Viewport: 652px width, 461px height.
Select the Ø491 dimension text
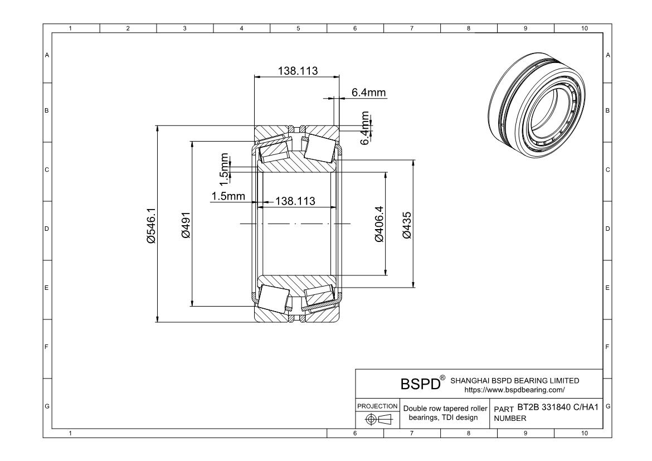[x=186, y=225]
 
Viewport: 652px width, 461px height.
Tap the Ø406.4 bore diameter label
[x=379, y=224]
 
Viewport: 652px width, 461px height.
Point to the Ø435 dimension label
[x=407, y=225]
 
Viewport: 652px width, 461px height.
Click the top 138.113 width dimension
[x=297, y=71]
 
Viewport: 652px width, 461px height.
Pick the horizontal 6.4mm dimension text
[x=368, y=93]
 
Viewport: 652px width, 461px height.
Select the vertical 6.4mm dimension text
[x=365, y=128]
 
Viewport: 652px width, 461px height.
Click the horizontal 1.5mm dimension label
[x=228, y=196]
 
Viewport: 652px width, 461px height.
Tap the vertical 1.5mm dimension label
[x=225, y=169]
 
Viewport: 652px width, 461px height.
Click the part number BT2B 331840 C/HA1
[x=557, y=407]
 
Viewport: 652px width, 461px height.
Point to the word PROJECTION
[x=377, y=406]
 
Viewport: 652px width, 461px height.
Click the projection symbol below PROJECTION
[x=377, y=420]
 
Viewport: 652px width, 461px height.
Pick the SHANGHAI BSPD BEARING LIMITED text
[x=514, y=381]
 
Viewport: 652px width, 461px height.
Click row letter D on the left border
[x=47, y=229]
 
